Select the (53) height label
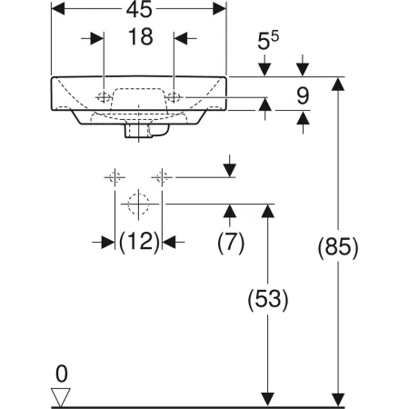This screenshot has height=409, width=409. click(x=268, y=300)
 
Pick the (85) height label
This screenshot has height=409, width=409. click(x=339, y=246)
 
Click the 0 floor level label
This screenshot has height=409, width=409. click(x=61, y=373)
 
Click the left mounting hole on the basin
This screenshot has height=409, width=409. click(x=105, y=96)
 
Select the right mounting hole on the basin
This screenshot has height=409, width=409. click(x=175, y=96)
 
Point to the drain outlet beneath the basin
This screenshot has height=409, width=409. click(x=140, y=133)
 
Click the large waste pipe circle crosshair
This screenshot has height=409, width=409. click(x=138, y=204)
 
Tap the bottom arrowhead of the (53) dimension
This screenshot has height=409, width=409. click(x=268, y=397)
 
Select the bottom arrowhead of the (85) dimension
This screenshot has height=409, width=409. click(x=339, y=397)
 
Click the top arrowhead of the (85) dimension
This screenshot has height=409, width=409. click(x=339, y=85)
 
